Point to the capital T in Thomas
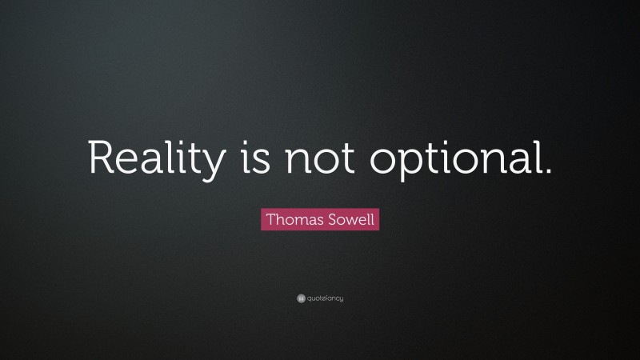269,218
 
